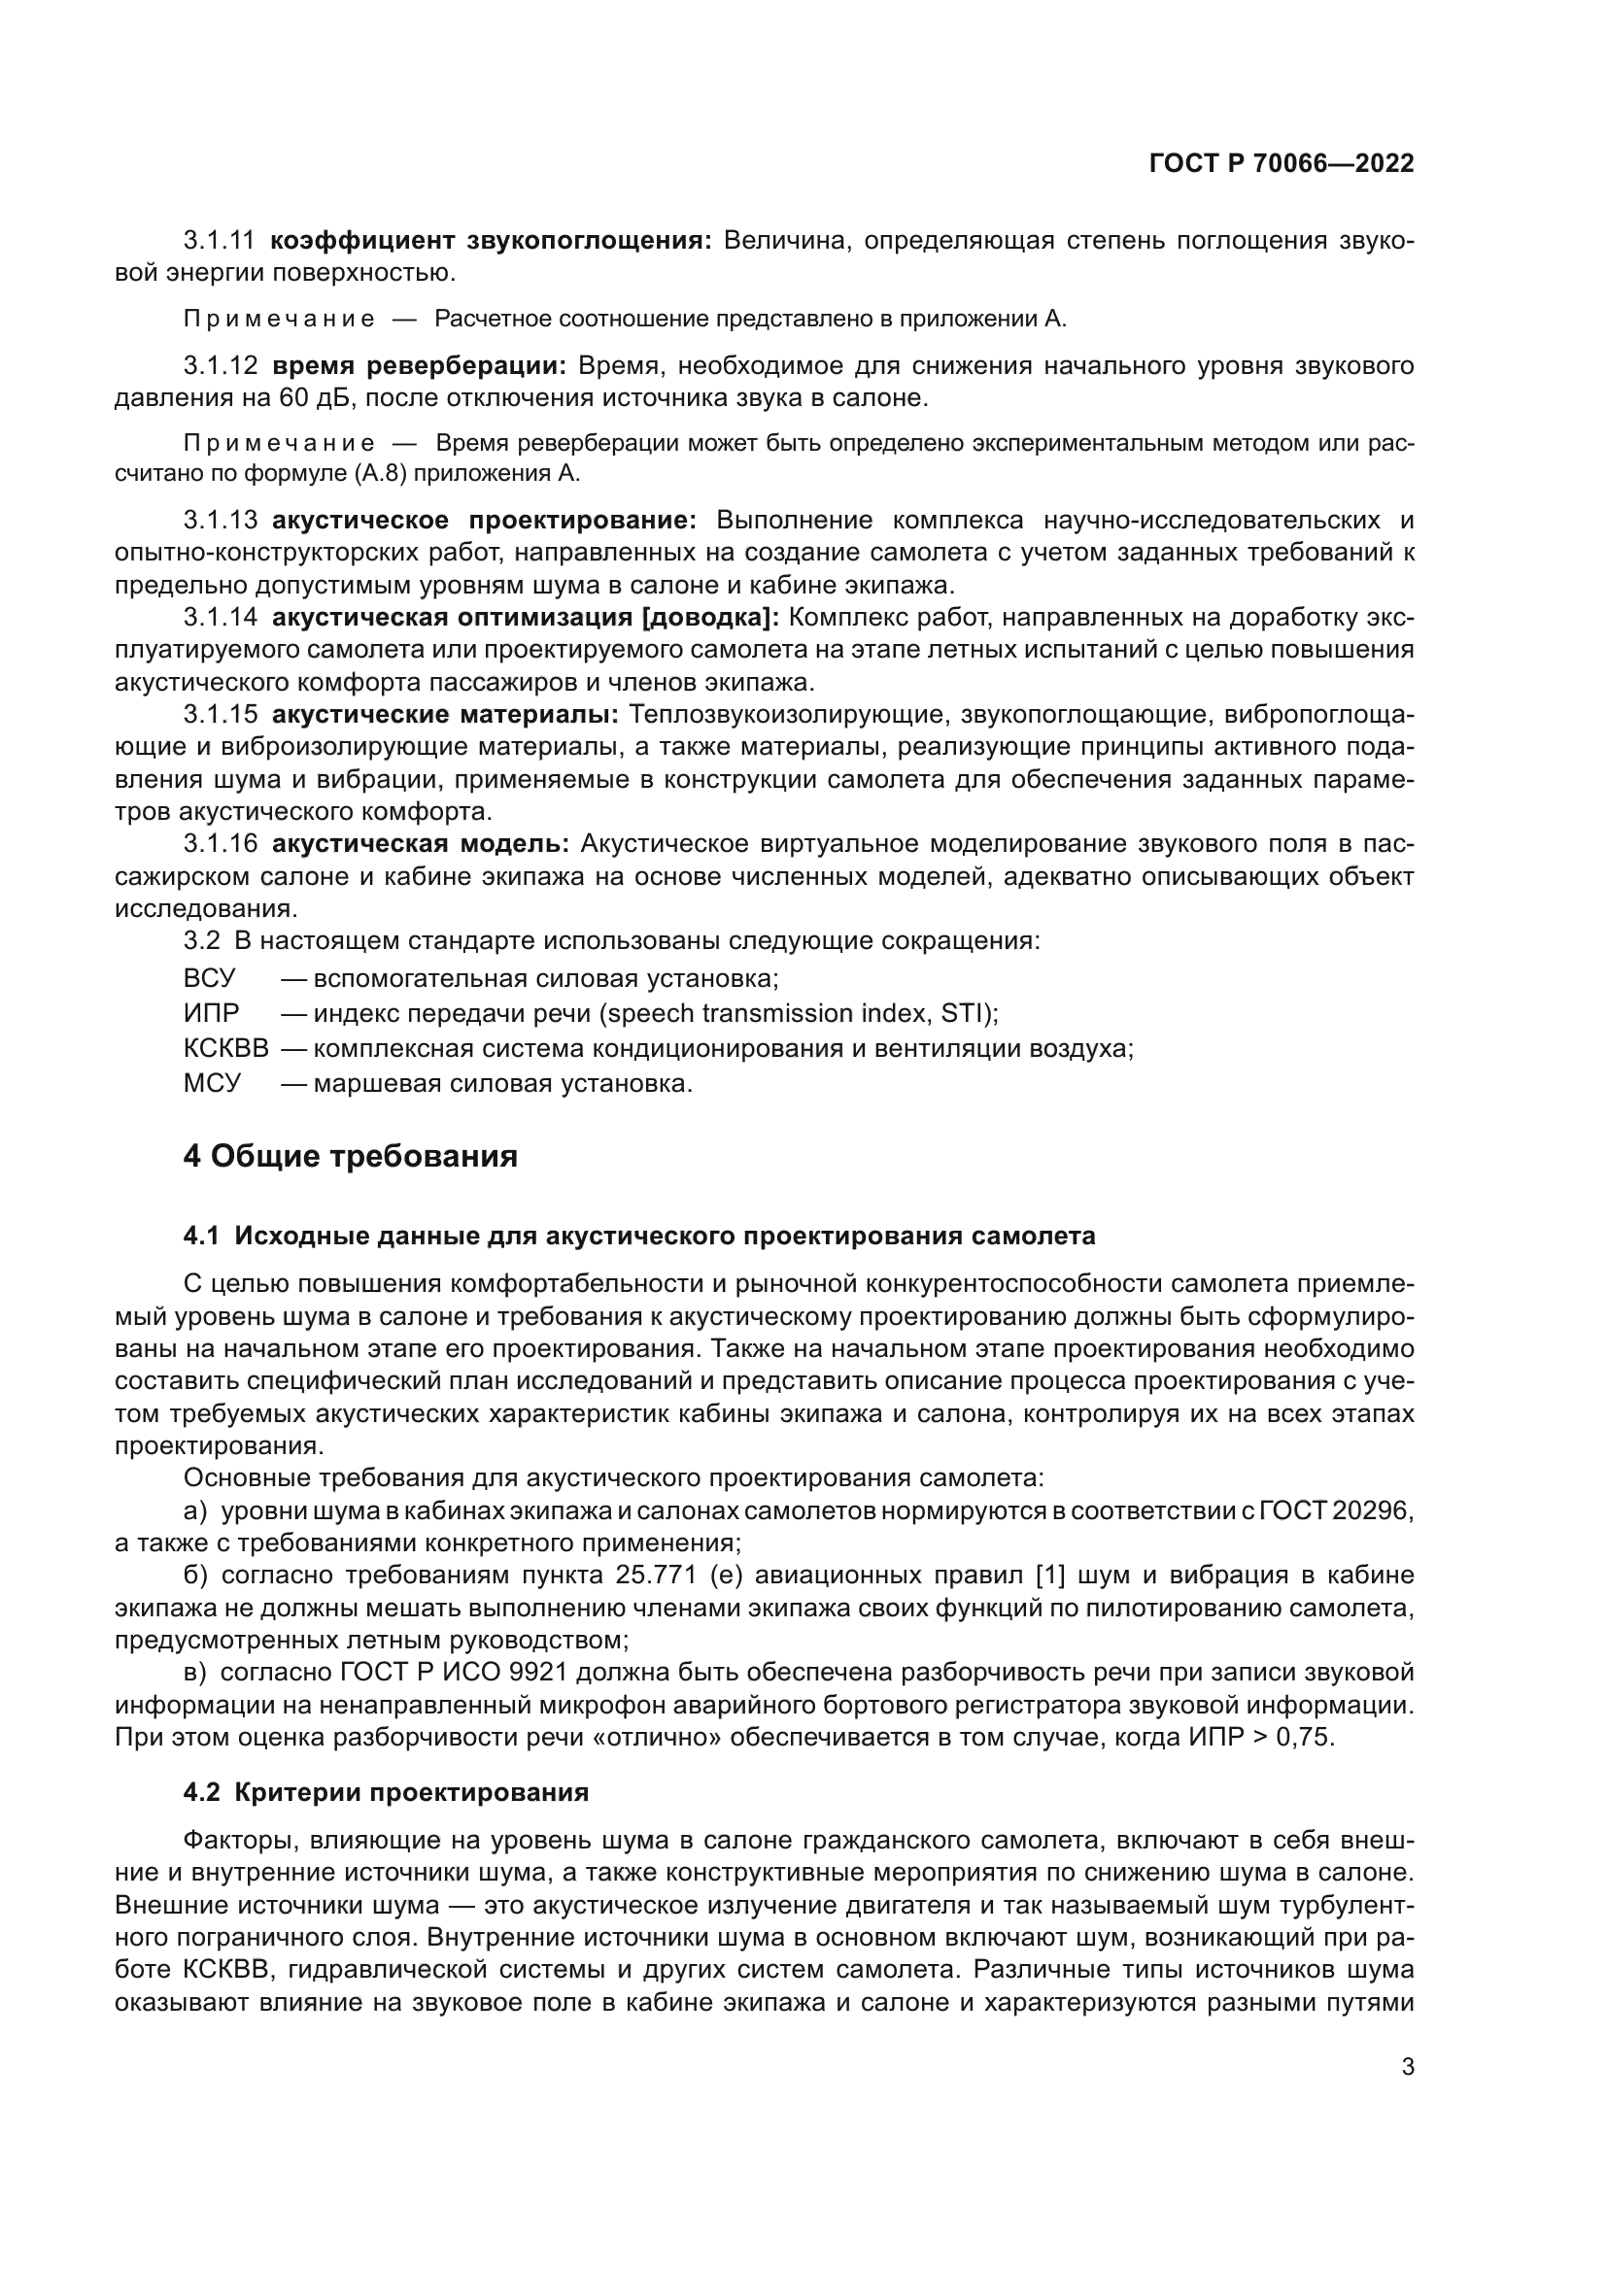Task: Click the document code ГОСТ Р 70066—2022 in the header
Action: [x=1281, y=163]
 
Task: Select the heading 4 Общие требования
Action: [x=350, y=1155]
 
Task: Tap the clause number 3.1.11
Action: [x=219, y=241]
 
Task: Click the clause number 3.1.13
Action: [x=220, y=521]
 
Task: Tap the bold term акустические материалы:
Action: [x=444, y=715]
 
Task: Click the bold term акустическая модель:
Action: [x=420, y=844]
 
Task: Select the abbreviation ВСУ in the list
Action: [x=210, y=979]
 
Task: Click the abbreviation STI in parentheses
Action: [x=964, y=1013]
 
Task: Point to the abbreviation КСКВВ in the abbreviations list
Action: [x=225, y=1048]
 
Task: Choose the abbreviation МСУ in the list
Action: [x=212, y=1084]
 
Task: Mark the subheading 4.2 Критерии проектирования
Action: [x=386, y=1793]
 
